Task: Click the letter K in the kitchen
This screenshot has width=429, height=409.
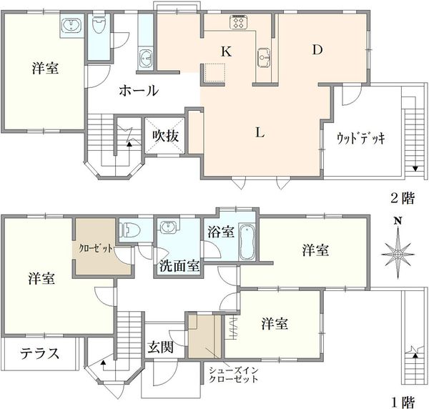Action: (226, 51)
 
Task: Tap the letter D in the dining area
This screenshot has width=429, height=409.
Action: (317, 49)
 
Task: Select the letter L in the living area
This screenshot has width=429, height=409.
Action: (260, 132)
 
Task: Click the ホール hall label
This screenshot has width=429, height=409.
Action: (139, 90)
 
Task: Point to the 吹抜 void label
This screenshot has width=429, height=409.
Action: (166, 136)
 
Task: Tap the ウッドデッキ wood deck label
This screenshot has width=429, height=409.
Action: (360, 138)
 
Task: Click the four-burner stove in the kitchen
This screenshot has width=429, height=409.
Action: (239, 21)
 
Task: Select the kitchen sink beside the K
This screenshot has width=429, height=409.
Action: (264, 57)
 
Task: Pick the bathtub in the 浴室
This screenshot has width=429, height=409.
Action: (247, 242)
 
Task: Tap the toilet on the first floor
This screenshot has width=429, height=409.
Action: (130, 230)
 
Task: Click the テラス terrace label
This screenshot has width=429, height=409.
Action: (39, 353)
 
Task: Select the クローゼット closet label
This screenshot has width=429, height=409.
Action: (96, 248)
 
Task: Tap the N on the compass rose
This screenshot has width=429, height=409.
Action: (398, 221)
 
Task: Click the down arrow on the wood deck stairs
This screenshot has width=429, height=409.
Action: (415, 169)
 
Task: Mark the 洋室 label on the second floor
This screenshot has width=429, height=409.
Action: (45, 68)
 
